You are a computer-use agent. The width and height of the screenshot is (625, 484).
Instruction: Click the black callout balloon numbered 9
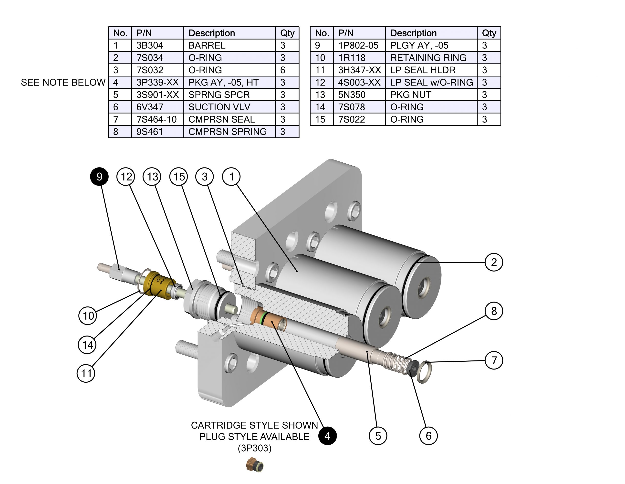(99, 176)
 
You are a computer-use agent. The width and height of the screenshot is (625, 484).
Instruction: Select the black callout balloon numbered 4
(327, 436)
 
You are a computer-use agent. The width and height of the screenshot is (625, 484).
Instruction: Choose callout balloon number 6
(428, 436)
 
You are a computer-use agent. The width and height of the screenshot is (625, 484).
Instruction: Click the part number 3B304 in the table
(150, 45)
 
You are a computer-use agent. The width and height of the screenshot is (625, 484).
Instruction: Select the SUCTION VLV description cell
(219, 107)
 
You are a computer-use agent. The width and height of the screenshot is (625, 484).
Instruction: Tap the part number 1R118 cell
(352, 58)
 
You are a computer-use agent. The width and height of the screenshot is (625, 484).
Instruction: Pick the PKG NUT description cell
(410, 95)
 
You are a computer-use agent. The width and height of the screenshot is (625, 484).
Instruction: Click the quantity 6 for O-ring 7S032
(283, 70)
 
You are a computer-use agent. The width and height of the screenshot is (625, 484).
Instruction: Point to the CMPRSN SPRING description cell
(228, 131)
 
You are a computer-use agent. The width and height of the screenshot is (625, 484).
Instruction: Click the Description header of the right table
(413, 33)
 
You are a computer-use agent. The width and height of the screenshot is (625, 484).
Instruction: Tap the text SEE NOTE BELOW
(63, 83)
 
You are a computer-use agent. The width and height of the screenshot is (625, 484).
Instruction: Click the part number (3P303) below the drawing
(254, 448)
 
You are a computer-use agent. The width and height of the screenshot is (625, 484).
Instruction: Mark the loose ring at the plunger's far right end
(423, 372)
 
